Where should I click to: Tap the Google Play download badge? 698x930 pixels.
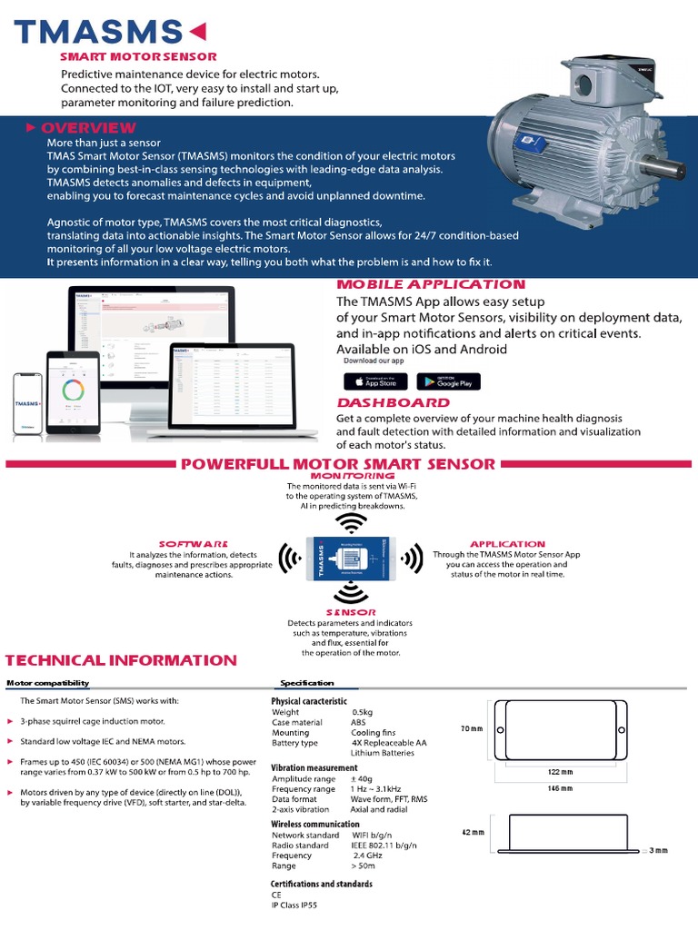(448, 381)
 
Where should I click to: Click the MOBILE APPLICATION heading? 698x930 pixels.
(431, 285)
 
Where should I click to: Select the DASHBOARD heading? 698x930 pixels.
(393, 402)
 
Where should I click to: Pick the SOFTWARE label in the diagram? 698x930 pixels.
(193, 543)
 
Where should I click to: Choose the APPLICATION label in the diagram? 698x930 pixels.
(507, 544)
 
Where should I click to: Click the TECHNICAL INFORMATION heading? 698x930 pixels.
(122, 660)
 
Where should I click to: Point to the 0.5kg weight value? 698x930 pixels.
(363, 712)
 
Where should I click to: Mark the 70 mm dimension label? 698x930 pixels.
(472, 728)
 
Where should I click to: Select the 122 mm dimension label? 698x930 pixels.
(560, 773)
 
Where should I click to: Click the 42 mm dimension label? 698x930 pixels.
(472, 832)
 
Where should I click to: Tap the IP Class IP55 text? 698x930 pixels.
(297, 905)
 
